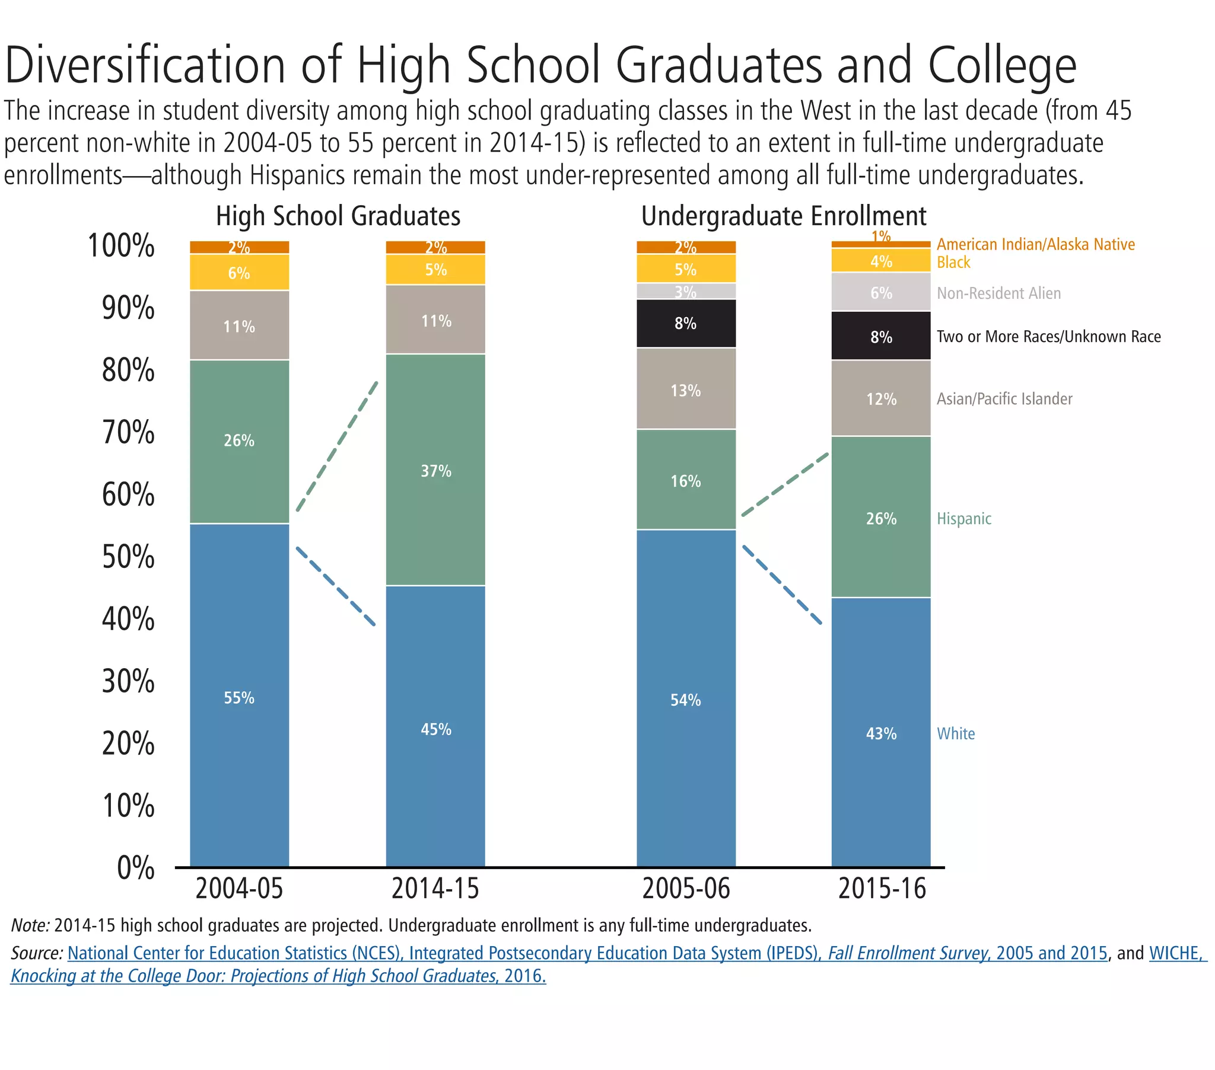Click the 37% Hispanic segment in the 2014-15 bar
[435, 471]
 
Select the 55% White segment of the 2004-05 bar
[239, 697]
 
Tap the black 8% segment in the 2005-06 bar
[685, 323]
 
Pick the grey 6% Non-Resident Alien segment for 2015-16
[880, 292]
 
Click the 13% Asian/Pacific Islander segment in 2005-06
[685, 389]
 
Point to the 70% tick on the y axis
[128, 433]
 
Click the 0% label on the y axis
[135, 867]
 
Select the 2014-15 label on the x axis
[435, 889]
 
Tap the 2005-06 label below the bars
[685, 889]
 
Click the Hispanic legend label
[963, 519]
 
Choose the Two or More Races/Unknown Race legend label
[1048, 337]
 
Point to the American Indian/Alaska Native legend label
[1035, 244]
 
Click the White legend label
[955, 734]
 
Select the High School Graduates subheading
[338, 216]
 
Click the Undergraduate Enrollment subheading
[783, 216]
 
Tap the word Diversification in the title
[144, 65]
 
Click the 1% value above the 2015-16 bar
[880, 237]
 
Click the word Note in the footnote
[29, 925]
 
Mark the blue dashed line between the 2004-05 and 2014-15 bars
[335, 585]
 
